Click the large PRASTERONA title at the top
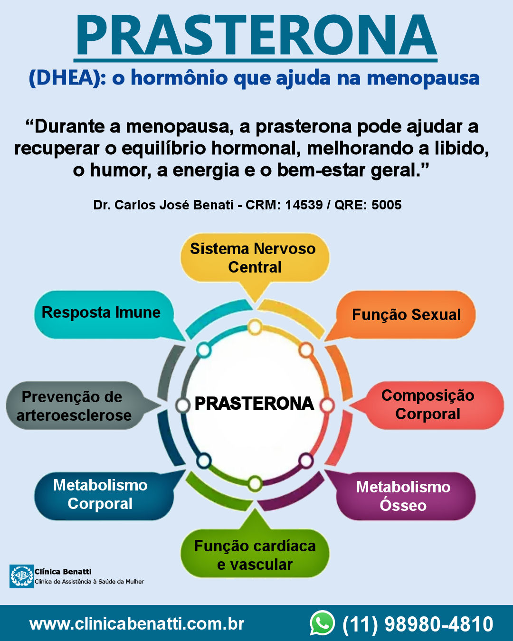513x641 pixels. pos(256,36)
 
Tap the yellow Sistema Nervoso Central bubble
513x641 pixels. pos(254,258)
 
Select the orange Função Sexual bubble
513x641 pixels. pos(406,314)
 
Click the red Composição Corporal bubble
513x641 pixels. pos(427,405)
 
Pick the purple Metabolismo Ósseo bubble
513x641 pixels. pos(404,496)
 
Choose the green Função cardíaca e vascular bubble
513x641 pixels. pos(255,555)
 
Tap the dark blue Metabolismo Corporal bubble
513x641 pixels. pos(100,494)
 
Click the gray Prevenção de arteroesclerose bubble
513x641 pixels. pos(74,406)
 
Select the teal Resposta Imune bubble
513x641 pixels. pos(101,312)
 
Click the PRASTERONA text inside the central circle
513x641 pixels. pos(254,404)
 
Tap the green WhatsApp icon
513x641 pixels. pos(322,623)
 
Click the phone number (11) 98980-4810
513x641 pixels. pos(418,624)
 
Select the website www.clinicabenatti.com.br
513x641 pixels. pos(137,623)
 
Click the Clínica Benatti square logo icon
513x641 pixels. pos(21,576)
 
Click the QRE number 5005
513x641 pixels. pos(386,205)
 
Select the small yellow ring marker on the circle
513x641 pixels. pos(255,327)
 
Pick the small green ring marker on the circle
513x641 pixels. pos(255,484)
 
